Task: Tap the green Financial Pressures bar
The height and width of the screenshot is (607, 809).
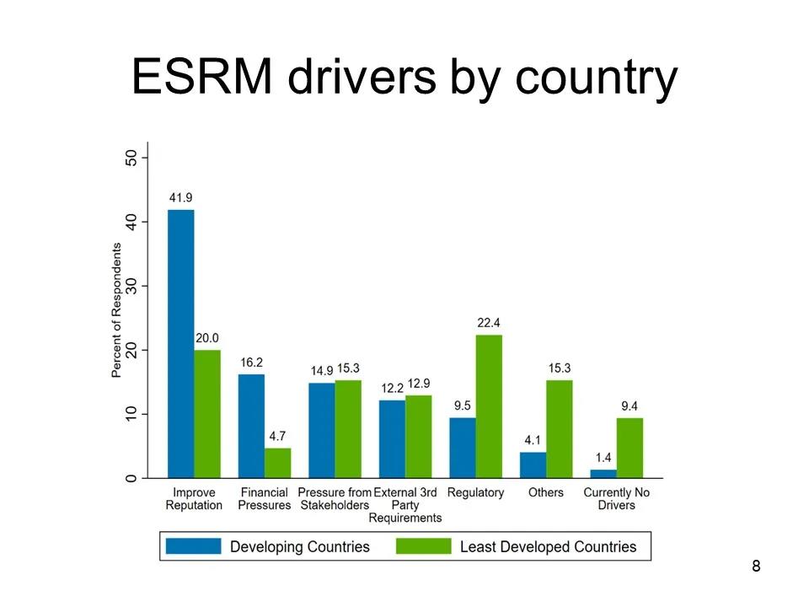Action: click(278, 463)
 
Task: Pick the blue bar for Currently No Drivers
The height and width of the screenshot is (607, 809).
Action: click(603, 474)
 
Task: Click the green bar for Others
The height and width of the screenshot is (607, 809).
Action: click(559, 429)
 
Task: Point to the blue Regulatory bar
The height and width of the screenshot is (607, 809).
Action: click(462, 448)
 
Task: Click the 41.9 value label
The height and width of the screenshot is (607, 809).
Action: click(181, 198)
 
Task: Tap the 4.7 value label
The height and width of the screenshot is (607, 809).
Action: click(278, 437)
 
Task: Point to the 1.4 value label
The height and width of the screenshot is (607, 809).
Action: click(603, 458)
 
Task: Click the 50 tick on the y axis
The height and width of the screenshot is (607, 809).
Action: click(131, 158)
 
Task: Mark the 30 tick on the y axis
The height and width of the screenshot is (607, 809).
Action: click(131, 286)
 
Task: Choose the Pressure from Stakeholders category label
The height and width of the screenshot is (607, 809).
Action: click(335, 498)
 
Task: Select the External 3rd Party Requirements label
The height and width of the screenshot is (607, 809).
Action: click(405, 505)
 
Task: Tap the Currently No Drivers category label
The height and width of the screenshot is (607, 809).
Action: click(617, 498)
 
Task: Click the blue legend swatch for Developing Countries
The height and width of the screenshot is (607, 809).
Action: click(193, 546)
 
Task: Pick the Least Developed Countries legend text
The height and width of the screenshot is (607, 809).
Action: click(548, 546)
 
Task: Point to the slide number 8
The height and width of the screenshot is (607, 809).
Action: click(755, 566)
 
